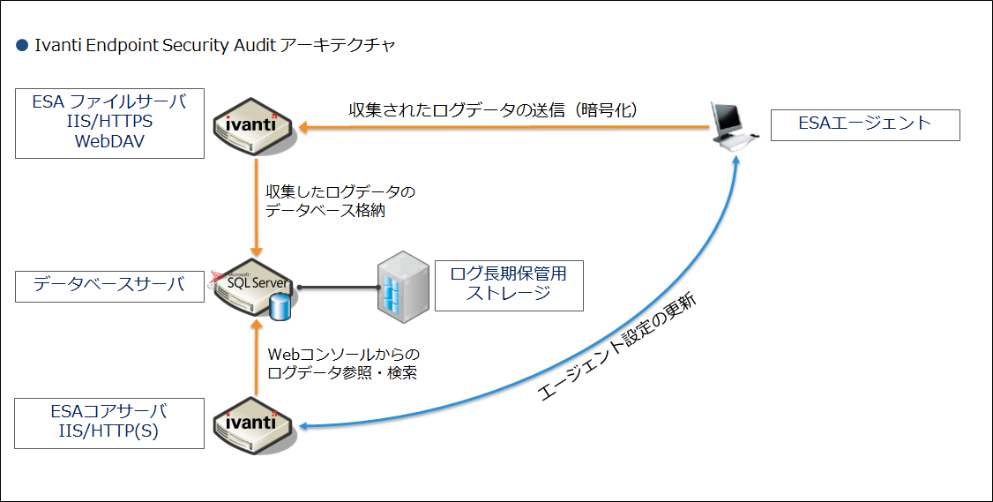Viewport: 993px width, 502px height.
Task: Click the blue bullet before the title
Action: [x=22, y=46]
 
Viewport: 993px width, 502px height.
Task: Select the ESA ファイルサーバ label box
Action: [x=109, y=123]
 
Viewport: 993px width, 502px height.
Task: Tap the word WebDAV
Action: [x=109, y=141]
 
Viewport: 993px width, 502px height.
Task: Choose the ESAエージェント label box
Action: [x=865, y=125]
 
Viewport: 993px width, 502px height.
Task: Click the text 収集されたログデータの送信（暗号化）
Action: [x=493, y=109]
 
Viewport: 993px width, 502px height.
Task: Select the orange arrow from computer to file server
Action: [x=504, y=127]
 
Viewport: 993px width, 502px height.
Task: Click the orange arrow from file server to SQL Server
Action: [x=257, y=207]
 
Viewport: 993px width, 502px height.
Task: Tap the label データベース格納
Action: [x=325, y=211]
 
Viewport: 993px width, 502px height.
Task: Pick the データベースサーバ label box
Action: [x=109, y=286]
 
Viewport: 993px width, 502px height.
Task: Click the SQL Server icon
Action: [x=252, y=288]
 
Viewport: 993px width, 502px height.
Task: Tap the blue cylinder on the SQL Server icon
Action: [x=280, y=307]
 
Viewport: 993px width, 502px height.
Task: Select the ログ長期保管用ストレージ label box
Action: [x=509, y=285]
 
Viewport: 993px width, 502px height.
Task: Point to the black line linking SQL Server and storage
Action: [x=339, y=288]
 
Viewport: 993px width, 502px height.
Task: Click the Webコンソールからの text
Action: [x=344, y=354]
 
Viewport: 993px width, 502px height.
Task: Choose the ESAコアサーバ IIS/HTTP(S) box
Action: [x=109, y=423]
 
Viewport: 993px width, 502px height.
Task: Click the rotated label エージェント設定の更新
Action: [x=618, y=346]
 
